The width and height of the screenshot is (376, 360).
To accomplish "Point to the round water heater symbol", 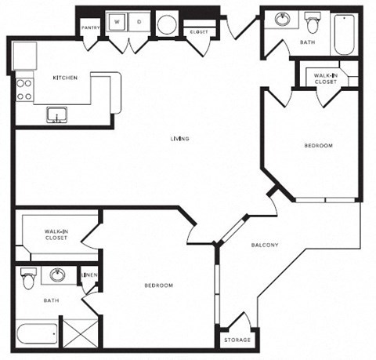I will (167, 24).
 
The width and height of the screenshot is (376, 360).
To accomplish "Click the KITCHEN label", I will (64, 78).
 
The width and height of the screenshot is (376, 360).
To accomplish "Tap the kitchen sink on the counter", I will (56, 116).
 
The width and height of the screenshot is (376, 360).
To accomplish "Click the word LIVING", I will (181, 139).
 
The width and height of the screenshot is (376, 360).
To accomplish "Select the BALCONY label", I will (265, 245).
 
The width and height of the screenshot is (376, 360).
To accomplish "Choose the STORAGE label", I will (237, 340).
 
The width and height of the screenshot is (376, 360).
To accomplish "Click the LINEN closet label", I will (91, 275).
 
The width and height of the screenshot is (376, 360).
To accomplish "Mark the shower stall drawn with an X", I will (79, 333).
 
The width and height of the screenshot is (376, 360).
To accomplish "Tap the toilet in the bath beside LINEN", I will (29, 278).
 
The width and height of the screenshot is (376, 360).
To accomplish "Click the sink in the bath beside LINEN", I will (57, 275).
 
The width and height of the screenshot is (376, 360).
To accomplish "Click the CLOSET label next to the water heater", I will (197, 31).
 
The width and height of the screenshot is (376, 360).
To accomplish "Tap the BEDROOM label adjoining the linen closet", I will (158, 285).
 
